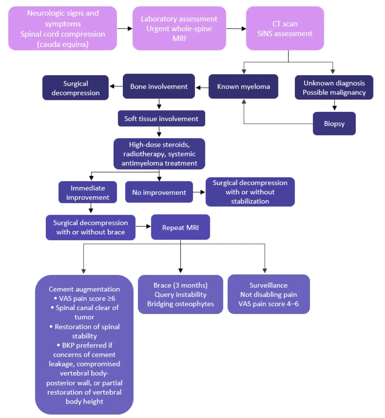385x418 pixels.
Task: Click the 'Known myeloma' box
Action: click(x=243, y=86)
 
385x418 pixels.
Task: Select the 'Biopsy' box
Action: click(x=334, y=123)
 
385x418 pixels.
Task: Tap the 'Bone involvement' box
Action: click(x=159, y=86)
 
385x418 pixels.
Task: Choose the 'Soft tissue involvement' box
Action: click(x=161, y=118)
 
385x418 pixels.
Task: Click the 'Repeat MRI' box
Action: click(x=181, y=227)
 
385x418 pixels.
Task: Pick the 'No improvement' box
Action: click(x=159, y=192)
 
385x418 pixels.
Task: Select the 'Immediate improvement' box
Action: click(x=88, y=193)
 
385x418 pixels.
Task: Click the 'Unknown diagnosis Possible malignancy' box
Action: click(x=334, y=88)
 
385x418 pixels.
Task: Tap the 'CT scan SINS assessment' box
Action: click(x=285, y=28)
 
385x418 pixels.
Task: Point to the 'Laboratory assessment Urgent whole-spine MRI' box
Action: click(x=179, y=28)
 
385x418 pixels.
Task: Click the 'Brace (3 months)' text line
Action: click(x=181, y=285)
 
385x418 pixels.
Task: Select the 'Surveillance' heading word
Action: click(x=268, y=285)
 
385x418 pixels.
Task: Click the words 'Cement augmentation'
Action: click(x=84, y=289)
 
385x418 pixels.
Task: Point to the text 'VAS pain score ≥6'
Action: click(x=84, y=298)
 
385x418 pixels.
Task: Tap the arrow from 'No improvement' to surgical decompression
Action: click(x=199, y=192)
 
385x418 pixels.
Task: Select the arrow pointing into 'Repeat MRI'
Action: click(x=143, y=227)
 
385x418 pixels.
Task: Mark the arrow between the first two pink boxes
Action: click(x=125, y=29)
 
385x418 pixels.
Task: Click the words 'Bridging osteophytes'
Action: click(x=181, y=304)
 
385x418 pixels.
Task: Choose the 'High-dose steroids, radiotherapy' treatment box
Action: click(x=159, y=154)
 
